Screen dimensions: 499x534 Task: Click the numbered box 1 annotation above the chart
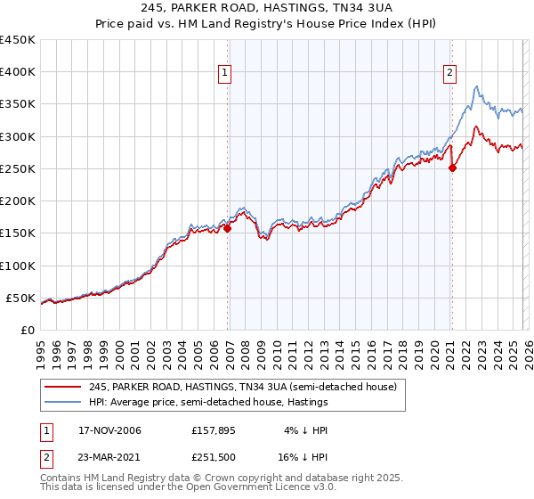[225, 73]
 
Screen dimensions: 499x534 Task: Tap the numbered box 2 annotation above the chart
[450, 73]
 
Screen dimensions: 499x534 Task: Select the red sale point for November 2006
[227, 228]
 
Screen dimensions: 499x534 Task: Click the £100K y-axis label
[18, 266]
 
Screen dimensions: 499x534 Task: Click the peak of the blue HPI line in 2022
[477, 86]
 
